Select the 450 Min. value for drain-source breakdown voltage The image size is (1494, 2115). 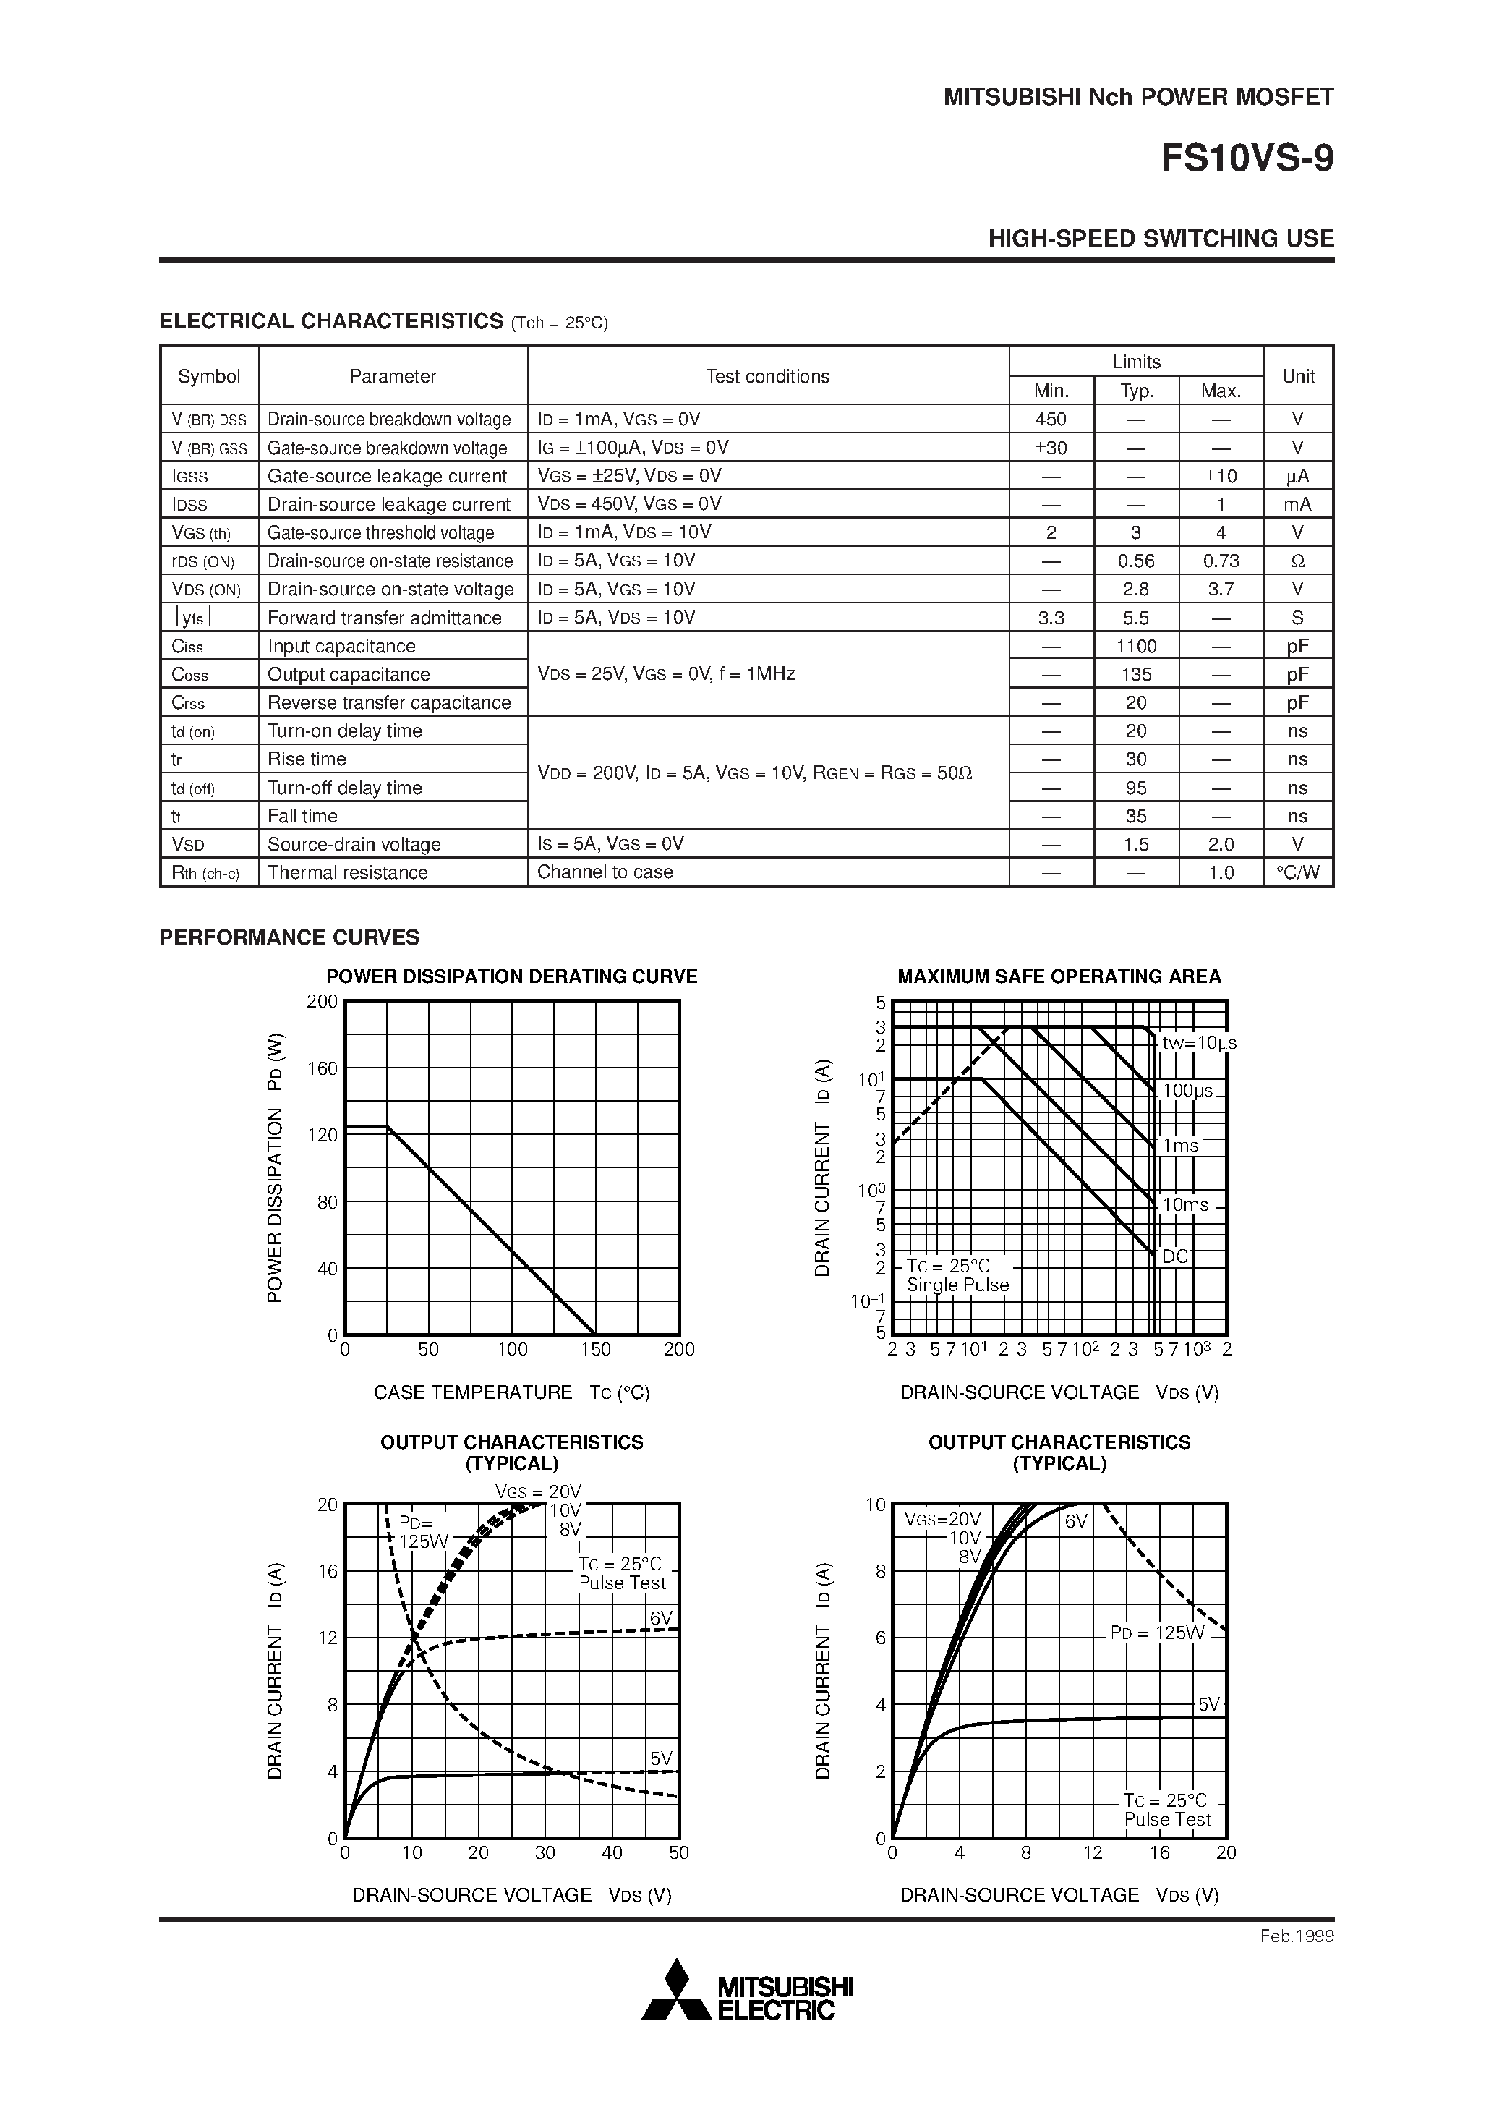pos(1050,419)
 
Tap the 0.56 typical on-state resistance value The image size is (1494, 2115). pos(1136,561)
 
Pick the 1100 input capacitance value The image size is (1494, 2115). pos(1136,647)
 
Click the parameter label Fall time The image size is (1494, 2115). pos(302,816)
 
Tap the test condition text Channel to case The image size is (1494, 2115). pos(605,872)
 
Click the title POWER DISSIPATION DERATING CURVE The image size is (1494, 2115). pos(512,976)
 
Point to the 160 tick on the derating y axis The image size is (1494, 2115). pos(323,1068)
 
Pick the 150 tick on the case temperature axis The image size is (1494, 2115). pos(595,1350)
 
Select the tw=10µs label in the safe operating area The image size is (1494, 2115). pos(1198,1043)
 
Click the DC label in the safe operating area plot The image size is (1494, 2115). pos(1174,1256)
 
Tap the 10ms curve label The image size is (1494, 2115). pos(1184,1205)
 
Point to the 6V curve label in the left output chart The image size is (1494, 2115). pos(660,1619)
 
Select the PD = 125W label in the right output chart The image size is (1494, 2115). pos(1157,1633)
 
